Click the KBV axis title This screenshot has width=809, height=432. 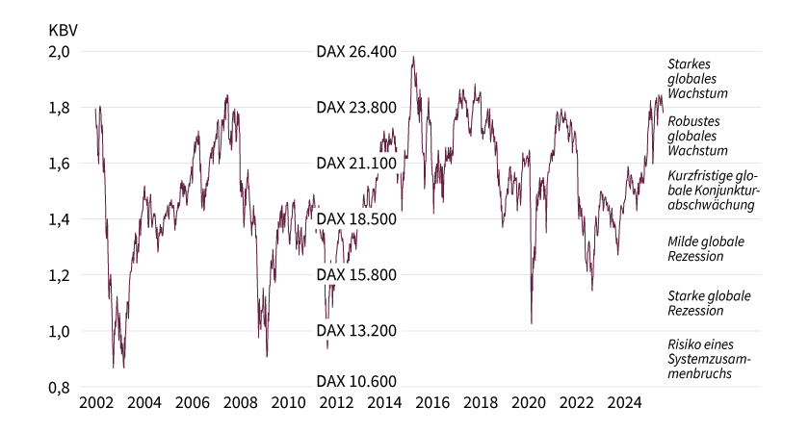(63, 29)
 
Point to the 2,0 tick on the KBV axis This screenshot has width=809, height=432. (60, 52)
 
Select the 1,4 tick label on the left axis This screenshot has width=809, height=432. (60, 220)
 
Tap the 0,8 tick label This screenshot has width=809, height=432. (60, 388)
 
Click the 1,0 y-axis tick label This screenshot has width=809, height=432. (60, 332)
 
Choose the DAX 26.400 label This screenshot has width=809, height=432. (356, 52)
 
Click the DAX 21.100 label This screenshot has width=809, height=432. (356, 164)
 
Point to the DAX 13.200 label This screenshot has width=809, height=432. (356, 332)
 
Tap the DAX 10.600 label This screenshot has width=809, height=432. (356, 382)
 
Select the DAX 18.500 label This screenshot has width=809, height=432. (356, 220)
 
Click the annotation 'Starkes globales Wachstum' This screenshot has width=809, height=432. (697, 79)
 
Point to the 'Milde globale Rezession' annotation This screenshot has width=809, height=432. (706, 248)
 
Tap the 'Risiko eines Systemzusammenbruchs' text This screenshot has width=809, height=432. (709, 358)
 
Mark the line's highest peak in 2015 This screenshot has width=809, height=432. (413, 57)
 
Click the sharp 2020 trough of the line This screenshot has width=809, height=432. (532, 322)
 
